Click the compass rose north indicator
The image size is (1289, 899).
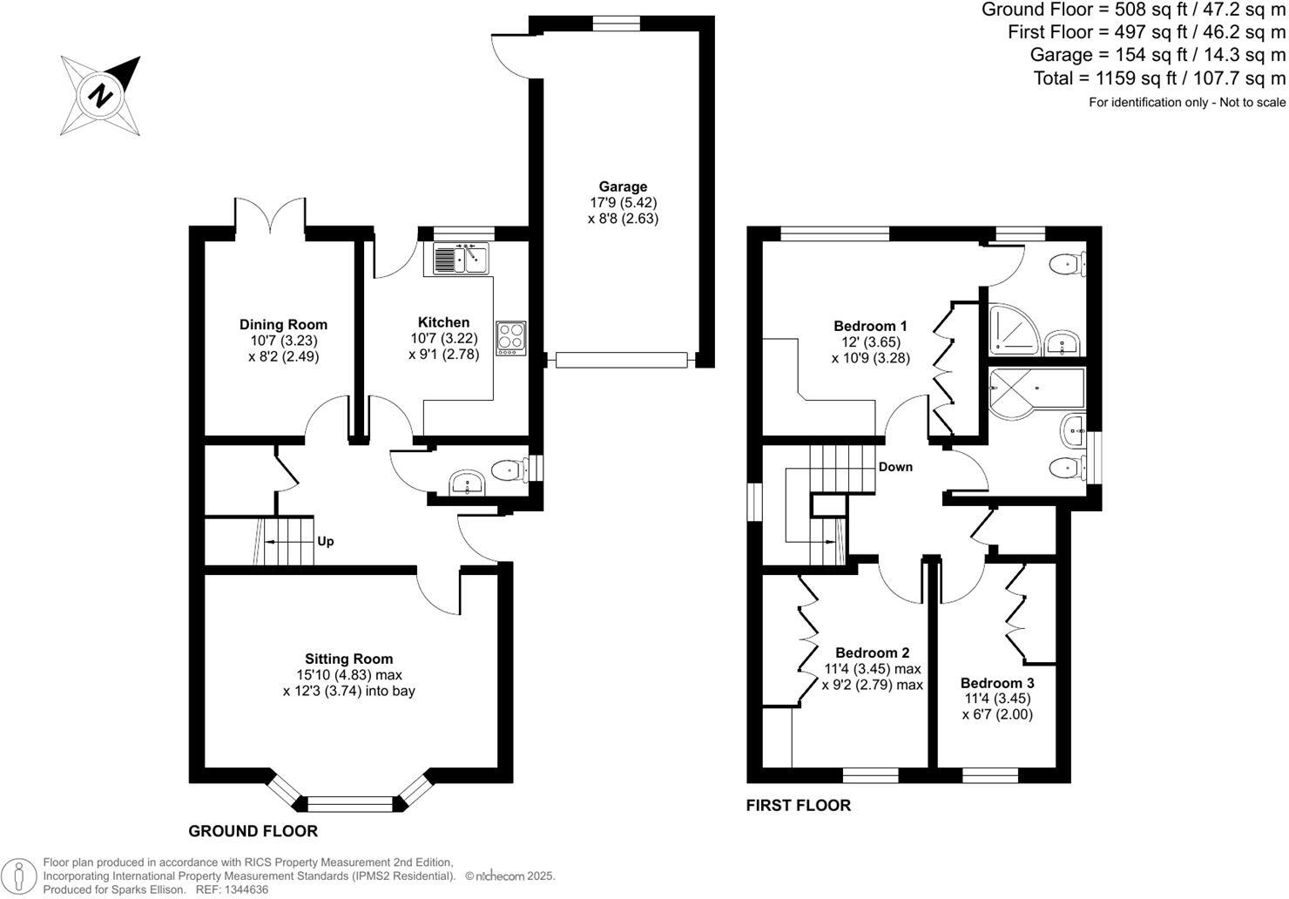click(101, 95)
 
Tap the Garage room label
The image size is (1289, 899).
click(623, 186)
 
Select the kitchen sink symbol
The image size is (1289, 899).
click(459, 259)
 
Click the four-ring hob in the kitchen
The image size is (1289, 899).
click(510, 338)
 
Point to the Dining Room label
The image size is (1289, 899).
click(283, 325)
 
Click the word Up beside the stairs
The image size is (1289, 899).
click(325, 541)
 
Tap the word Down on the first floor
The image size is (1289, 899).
click(895, 467)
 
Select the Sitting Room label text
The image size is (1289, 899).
click(348, 659)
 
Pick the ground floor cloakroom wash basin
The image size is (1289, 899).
click(469, 483)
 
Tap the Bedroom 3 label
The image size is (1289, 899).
click(997, 683)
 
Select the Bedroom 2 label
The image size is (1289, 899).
click(872, 652)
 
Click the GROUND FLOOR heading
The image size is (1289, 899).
click(253, 831)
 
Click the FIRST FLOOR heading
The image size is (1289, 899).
click(798, 806)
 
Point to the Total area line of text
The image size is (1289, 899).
click(1158, 78)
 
